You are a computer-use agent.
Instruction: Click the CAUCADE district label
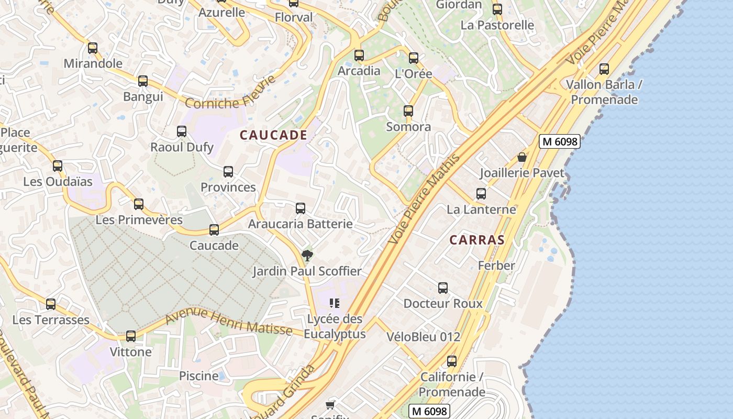[273, 135]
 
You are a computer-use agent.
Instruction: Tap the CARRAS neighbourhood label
[477, 240]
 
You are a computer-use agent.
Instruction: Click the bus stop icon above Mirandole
[93, 48]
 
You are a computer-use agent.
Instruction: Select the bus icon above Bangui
[143, 81]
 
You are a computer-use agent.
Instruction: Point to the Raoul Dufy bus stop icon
[182, 131]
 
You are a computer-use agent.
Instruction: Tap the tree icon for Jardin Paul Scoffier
[307, 256]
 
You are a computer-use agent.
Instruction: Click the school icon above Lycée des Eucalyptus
[335, 303]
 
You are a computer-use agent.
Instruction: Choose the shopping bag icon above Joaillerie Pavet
[522, 157]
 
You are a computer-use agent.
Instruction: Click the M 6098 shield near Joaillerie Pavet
[560, 141]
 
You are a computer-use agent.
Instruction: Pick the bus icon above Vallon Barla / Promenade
[604, 69]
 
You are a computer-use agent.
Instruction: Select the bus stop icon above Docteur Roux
[443, 288]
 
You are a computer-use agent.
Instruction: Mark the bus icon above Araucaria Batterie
[301, 208]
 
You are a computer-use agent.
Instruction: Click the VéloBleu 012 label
[424, 337]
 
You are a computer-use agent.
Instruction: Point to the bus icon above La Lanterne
[481, 194]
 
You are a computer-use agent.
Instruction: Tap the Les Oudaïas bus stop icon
[58, 166]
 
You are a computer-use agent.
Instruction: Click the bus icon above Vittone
[131, 336]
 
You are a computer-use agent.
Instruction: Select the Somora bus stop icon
[408, 111]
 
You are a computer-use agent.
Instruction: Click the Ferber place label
[496, 266]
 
